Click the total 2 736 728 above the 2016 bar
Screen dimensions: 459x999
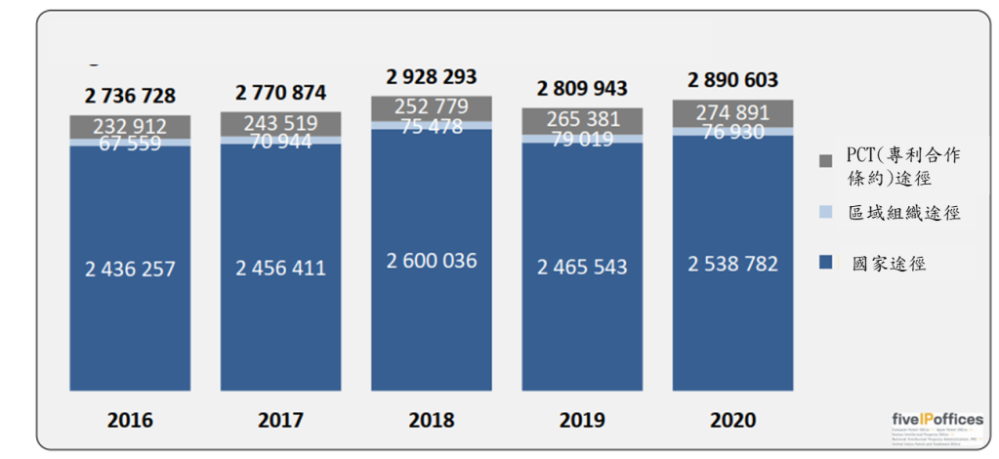pyautogui.click(x=130, y=96)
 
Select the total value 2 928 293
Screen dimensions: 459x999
pyautogui.click(x=432, y=76)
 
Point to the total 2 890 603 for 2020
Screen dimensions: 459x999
pyautogui.click(x=732, y=80)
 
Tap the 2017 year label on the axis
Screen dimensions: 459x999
pyautogui.click(x=280, y=421)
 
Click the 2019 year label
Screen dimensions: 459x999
pyautogui.click(x=582, y=421)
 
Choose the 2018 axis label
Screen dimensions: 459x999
pyautogui.click(x=432, y=421)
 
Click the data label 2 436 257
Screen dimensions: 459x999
pyautogui.click(x=130, y=269)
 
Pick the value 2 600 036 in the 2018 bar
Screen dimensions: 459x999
pyautogui.click(x=432, y=261)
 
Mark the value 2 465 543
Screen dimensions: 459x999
pyautogui.click(x=582, y=267)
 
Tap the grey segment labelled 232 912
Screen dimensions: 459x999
pyautogui.click(x=130, y=126)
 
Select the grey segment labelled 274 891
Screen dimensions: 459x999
pyautogui.click(x=732, y=112)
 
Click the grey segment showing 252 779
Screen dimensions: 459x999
pyautogui.click(x=432, y=106)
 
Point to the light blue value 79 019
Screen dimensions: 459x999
pyautogui.click(x=582, y=139)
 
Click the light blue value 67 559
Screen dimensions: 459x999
pyautogui.click(x=130, y=143)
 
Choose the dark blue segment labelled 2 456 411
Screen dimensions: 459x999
pyautogui.click(x=280, y=268)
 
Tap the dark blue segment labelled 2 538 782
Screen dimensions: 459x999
pyautogui.click(x=732, y=265)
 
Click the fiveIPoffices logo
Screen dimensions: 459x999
pyautogui.click(x=937, y=420)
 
